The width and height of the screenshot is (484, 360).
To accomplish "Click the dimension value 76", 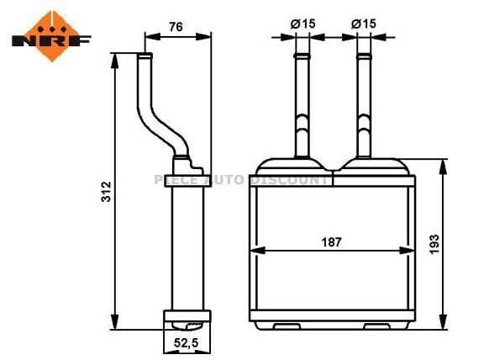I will pyautogui.click(x=176, y=26).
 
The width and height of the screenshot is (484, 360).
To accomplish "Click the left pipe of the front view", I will pyautogui.click(x=302, y=105).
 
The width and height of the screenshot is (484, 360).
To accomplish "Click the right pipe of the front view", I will pyautogui.click(x=364, y=105).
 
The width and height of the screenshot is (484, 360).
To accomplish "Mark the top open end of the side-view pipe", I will pyautogui.click(x=145, y=56).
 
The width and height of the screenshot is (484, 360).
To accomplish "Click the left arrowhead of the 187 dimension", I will pyautogui.click(x=257, y=250).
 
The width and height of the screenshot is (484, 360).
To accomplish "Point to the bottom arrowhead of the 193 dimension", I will pyautogui.click(x=440, y=320).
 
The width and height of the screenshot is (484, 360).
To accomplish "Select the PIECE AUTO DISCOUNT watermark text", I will pyautogui.click(x=242, y=179).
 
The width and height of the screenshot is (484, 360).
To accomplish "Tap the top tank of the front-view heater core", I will pyautogui.click(x=333, y=168).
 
